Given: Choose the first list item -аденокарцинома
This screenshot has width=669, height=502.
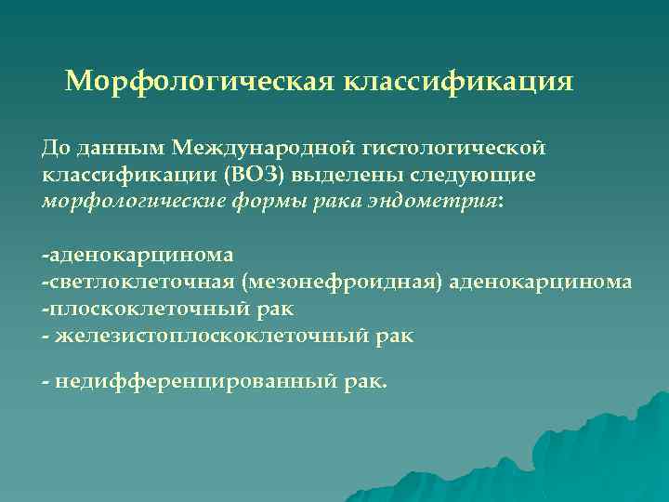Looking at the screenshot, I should pos(138,254).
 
